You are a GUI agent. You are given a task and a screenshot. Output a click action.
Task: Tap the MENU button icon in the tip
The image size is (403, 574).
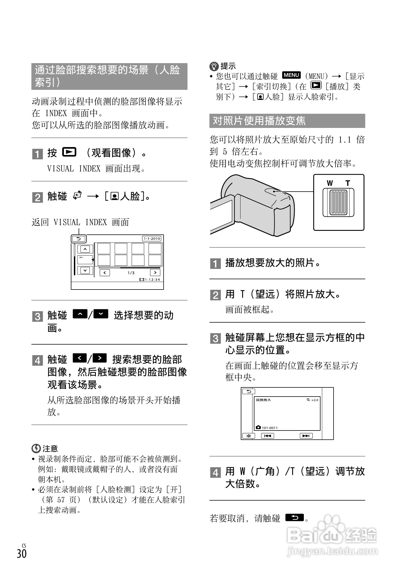[291, 75]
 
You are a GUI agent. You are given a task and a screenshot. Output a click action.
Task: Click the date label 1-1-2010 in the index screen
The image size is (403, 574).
[152, 239]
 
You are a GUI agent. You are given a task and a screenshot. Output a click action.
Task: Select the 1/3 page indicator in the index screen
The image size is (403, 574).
[131, 273]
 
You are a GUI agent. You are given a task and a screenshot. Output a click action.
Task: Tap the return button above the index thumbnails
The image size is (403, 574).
[79, 239]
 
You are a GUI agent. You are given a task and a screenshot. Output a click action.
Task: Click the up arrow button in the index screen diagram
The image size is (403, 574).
[85, 249]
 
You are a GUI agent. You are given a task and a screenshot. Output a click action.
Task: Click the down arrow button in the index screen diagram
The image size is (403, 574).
[85, 270]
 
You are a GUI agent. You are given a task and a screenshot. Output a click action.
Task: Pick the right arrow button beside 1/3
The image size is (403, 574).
[155, 273]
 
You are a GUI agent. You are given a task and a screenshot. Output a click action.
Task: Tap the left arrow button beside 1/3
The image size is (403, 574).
[105, 273]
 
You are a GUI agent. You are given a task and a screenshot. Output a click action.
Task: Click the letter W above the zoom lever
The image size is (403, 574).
[330, 183]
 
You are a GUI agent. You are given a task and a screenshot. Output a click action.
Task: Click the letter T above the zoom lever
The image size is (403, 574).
[348, 183]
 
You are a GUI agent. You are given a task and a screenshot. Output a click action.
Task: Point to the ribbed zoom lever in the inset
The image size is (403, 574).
[338, 202]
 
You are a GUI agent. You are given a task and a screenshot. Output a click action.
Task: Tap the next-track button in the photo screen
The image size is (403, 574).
[306, 436]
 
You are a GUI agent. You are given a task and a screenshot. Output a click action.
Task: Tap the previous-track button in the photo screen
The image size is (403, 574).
[267, 436]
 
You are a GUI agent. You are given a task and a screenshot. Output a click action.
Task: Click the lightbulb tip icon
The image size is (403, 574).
[214, 66]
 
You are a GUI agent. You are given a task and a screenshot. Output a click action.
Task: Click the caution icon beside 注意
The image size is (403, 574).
[36, 448]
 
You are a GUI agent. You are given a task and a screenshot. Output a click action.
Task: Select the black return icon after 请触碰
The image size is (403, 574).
[294, 518]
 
